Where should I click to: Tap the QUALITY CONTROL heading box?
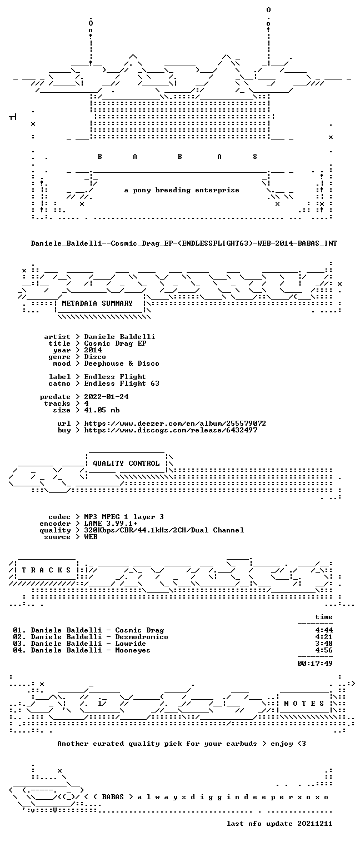126,464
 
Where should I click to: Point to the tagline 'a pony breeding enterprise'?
182,190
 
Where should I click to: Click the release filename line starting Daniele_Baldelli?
184,243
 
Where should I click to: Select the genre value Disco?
95,357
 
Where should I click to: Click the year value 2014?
93,350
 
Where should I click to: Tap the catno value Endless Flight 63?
122,383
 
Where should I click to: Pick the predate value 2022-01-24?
106,397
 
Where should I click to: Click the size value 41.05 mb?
102,410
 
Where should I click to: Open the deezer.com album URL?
174,423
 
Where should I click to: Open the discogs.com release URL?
171,430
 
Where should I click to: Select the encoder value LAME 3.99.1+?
111,524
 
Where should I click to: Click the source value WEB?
91,537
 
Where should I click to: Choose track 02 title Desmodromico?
142,637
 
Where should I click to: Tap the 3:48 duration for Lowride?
324,644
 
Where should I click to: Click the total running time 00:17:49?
315,663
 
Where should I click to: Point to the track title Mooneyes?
133,650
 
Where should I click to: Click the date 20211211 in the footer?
315,824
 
